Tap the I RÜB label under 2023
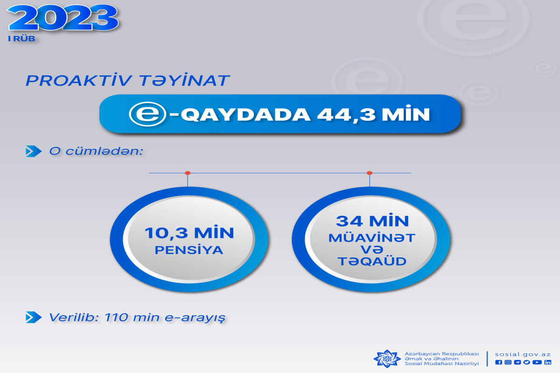(x=21, y=39)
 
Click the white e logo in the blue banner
(x=147, y=114)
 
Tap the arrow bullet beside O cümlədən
(x=34, y=151)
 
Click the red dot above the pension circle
(x=188, y=173)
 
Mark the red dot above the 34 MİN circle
(x=370, y=173)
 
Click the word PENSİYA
(x=189, y=250)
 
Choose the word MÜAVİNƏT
(x=372, y=238)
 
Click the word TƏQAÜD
(x=372, y=262)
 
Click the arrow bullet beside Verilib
(x=34, y=318)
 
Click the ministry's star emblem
(x=387, y=359)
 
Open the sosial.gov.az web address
(x=523, y=354)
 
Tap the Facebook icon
(x=498, y=362)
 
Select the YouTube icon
(x=537, y=362)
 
